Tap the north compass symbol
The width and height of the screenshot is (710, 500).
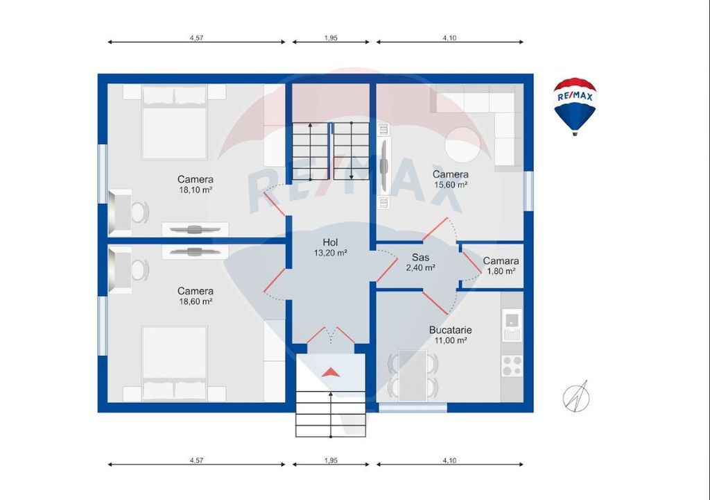[x=575, y=397]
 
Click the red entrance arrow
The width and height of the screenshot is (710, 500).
[x=331, y=372]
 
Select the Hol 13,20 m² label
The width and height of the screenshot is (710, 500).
[x=331, y=247]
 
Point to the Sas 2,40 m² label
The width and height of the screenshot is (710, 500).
[x=421, y=262]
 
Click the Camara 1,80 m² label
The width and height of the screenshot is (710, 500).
[x=501, y=266]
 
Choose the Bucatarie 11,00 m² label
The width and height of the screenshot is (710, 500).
[x=451, y=335]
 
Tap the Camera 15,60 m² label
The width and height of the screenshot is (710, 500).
[x=451, y=179]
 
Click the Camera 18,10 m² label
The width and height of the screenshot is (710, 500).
[x=196, y=184]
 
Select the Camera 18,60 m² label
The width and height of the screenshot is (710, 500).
[x=196, y=296]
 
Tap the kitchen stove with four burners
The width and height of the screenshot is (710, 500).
[x=512, y=366]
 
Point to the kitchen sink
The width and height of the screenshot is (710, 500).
[x=512, y=324]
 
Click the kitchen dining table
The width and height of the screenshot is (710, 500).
[x=413, y=375]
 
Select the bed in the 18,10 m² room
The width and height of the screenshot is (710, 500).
[x=174, y=122]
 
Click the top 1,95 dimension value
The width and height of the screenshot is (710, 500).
[x=331, y=38]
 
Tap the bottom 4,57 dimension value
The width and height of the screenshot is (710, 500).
[x=196, y=460]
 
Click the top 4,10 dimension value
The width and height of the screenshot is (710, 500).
[x=449, y=38]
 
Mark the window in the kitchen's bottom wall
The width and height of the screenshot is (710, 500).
[x=413, y=408]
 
